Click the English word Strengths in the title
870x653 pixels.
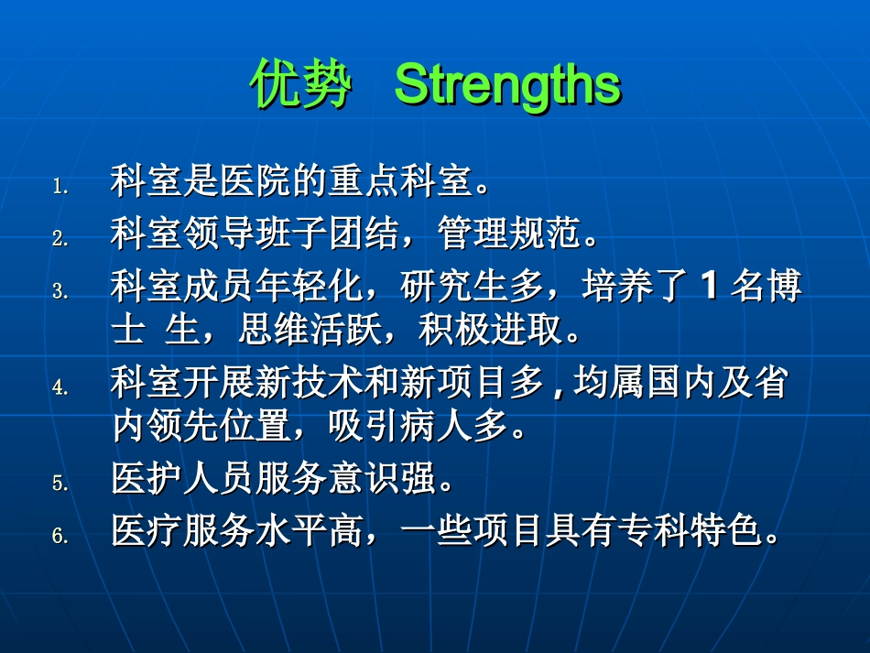[x=507, y=85]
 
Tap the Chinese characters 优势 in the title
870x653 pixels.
[x=301, y=86]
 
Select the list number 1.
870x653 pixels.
[x=60, y=187]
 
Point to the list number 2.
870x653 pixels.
[x=60, y=239]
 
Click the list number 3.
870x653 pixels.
[x=60, y=292]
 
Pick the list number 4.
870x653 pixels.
[x=60, y=388]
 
